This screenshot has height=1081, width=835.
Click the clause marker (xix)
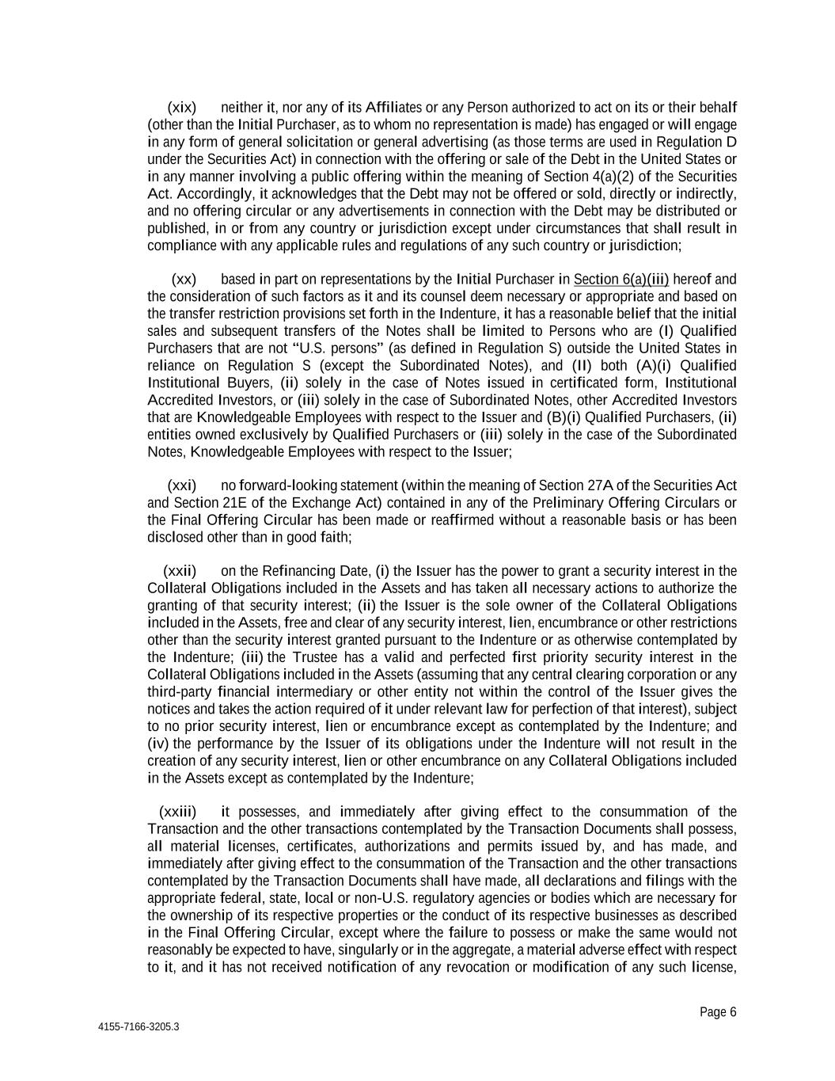182,107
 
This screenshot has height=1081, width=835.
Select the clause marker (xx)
184,280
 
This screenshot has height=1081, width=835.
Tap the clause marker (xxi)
182,485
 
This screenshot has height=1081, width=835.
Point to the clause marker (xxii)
180,571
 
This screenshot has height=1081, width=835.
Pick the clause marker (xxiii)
178,812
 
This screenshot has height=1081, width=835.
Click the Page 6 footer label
718,1011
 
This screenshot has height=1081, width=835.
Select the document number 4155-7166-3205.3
139,1027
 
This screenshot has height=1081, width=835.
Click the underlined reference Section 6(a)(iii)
621,280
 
